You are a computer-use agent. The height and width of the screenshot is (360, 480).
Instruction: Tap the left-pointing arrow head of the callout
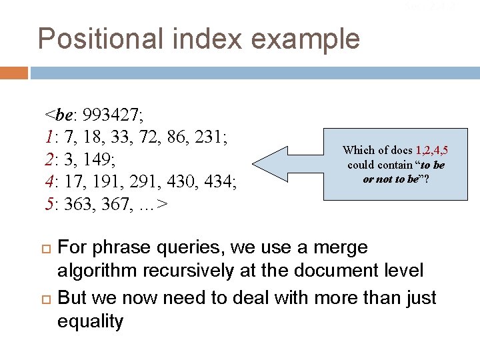coord(267,165)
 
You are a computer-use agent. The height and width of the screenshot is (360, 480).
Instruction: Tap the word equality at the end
coord(90,321)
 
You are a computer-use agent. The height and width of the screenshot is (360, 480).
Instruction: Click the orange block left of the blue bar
coord(13,72)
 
